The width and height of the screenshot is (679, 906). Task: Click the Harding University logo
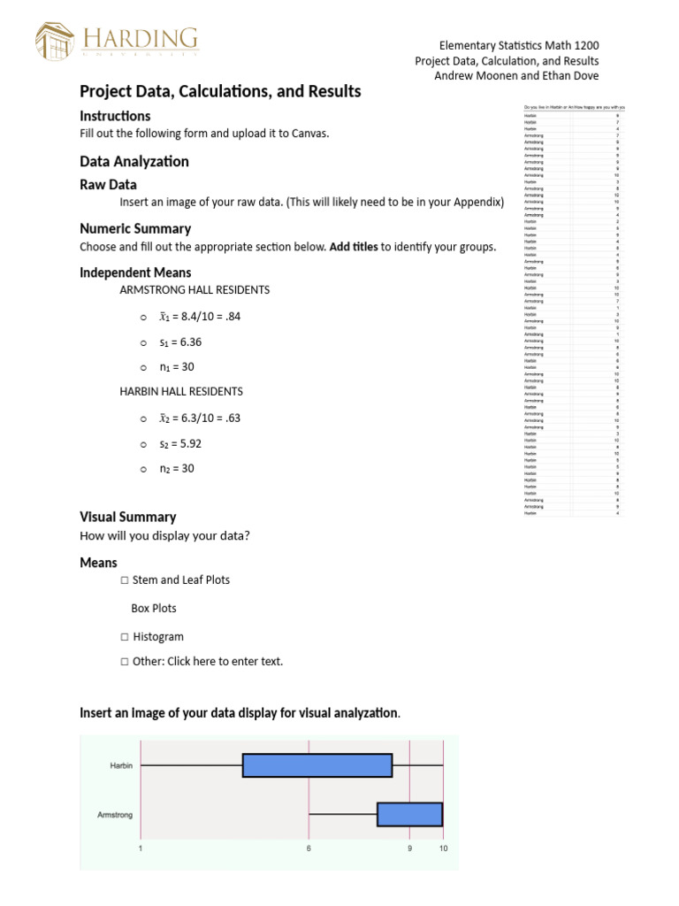[117, 40]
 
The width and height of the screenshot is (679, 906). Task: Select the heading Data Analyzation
[134, 161]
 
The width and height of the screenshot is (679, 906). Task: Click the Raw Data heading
[108, 185]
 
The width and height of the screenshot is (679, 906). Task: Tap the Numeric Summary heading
[135, 228]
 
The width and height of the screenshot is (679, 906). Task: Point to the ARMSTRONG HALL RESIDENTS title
[195, 289]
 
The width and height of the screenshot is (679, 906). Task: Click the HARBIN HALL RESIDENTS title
[181, 391]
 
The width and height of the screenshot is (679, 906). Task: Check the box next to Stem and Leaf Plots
[124, 580]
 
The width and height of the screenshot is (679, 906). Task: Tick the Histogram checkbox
[124, 637]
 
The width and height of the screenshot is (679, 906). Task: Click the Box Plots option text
[154, 609]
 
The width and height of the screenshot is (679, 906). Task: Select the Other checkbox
[124, 662]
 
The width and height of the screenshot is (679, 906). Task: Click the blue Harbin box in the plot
[317, 765]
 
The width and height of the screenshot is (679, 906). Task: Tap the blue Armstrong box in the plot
[409, 814]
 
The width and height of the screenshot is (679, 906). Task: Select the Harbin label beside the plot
[121, 765]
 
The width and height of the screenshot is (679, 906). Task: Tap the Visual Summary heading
[128, 517]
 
